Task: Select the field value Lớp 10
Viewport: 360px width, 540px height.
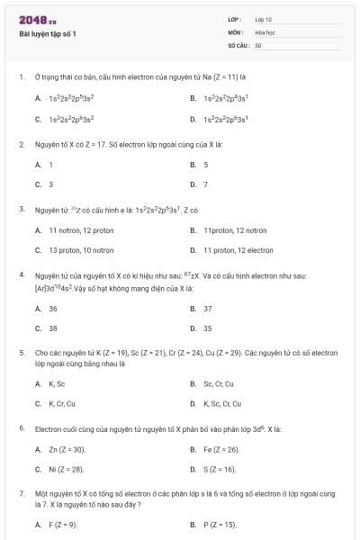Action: [x=263, y=19]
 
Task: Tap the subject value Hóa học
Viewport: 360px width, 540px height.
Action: [x=265, y=31]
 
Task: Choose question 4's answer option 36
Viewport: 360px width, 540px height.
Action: [x=53, y=309]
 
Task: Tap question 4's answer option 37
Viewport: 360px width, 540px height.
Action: [x=208, y=309]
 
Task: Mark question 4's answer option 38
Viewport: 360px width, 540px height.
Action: [x=53, y=328]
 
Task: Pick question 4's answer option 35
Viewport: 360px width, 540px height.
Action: [x=208, y=328]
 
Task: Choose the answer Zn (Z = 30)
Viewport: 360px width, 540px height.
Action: [x=67, y=449]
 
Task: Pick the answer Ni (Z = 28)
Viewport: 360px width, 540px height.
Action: [x=66, y=469]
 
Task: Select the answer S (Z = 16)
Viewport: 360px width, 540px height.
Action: [x=220, y=469]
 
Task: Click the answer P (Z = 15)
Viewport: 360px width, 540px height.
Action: [x=220, y=525]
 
